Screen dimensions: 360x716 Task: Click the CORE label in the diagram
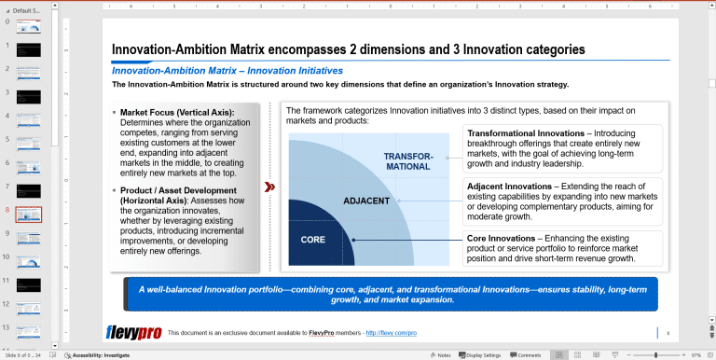pyautogui.click(x=312, y=240)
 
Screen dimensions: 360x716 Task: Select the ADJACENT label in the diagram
pyautogui.click(x=365, y=201)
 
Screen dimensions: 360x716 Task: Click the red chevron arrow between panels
pyautogui.click(x=269, y=187)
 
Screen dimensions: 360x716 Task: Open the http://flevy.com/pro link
pyautogui.click(x=391, y=333)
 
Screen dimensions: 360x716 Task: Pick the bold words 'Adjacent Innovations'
pyautogui.click(x=509, y=187)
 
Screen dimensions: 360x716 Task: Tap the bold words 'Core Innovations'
pyautogui.click(x=501, y=239)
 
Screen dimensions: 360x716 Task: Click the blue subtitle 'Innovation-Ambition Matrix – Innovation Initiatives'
pyautogui.click(x=227, y=71)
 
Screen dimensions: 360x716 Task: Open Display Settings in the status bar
pyautogui.click(x=483, y=355)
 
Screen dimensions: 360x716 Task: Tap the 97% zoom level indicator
pyautogui.click(x=695, y=355)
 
